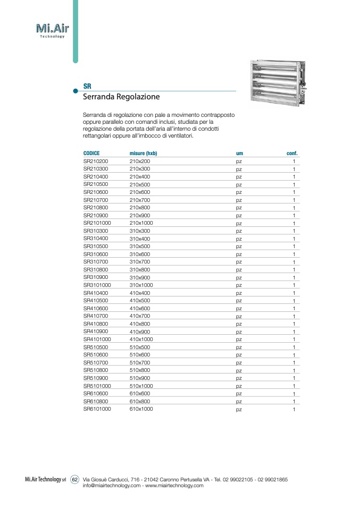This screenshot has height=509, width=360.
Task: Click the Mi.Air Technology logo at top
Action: click(52, 30)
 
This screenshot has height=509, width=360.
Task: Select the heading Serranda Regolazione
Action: click(121, 98)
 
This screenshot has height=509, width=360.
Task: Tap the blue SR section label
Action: click(87, 86)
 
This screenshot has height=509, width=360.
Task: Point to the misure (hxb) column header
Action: click(143, 153)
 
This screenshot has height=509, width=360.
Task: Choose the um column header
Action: click(239, 153)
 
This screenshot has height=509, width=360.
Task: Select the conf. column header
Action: click(292, 153)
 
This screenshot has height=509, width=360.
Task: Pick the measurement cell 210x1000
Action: click(141, 223)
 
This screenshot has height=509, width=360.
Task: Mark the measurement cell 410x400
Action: click(140, 293)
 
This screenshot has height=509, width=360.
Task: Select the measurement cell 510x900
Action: click(140, 378)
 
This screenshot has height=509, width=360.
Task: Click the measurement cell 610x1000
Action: click(141, 409)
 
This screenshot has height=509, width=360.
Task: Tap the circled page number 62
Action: click(75, 479)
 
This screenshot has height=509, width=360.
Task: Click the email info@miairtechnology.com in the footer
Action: click(112, 485)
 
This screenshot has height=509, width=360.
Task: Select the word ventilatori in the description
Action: click(180, 135)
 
